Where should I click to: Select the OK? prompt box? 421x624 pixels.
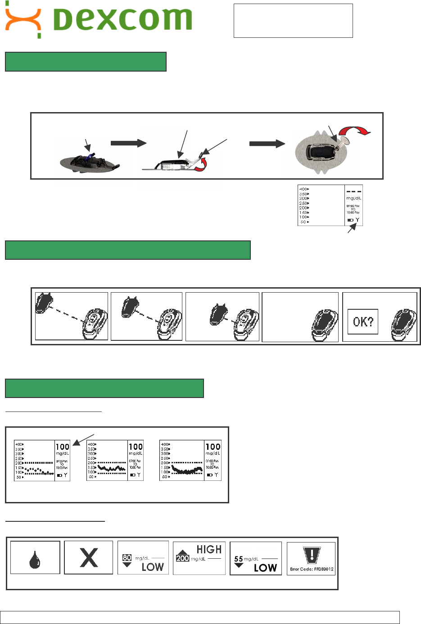(x=363, y=321)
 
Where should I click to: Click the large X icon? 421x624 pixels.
(x=89, y=558)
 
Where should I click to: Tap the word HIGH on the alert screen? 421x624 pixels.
(x=209, y=550)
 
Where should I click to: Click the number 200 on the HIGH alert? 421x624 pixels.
(x=182, y=558)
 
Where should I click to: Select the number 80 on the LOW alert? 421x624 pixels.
(x=127, y=557)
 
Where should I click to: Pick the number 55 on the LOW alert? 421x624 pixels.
(x=239, y=559)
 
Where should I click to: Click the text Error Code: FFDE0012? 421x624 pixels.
(x=312, y=569)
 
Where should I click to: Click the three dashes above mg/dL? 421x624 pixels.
(x=353, y=191)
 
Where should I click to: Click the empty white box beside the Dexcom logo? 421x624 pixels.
(x=293, y=21)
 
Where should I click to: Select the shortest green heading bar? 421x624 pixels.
(x=86, y=62)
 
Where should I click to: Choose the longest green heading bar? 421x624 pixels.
(x=127, y=250)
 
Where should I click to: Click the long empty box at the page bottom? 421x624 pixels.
(x=200, y=617)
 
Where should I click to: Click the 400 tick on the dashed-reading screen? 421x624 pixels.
(x=304, y=190)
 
